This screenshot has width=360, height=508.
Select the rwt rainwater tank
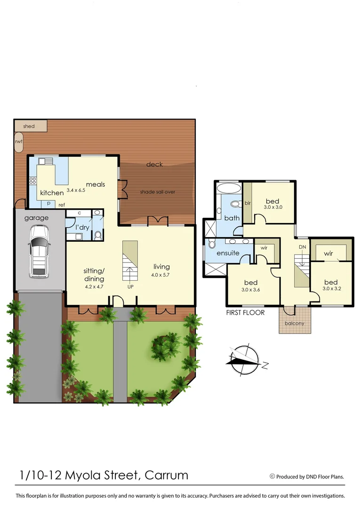click(x=19, y=141)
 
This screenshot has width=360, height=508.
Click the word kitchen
click(x=52, y=193)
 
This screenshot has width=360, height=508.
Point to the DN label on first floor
click(x=303, y=247)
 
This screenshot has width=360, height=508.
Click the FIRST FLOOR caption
click(x=245, y=312)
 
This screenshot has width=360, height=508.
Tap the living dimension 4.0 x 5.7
click(x=161, y=275)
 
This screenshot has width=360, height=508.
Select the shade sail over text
click(x=157, y=192)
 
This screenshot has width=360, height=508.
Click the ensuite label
click(x=228, y=253)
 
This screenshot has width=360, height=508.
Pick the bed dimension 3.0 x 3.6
click(x=250, y=290)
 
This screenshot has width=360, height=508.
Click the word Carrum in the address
click(x=167, y=475)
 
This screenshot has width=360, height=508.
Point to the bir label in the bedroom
click(x=248, y=203)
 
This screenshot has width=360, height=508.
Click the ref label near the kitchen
click(x=62, y=205)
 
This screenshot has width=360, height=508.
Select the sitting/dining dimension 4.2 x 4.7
click(x=93, y=286)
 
